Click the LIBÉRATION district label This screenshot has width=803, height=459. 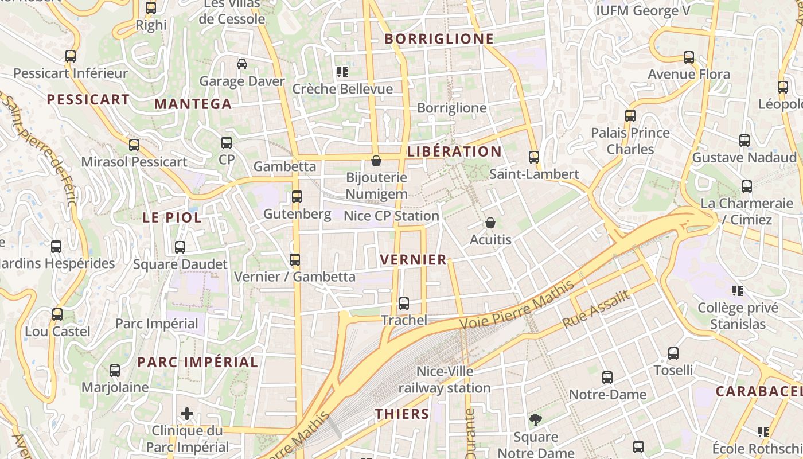pyautogui.click(x=454, y=151)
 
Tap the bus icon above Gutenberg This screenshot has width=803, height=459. pyautogui.click(x=297, y=197)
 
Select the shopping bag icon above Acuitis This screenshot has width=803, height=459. pyautogui.click(x=490, y=222)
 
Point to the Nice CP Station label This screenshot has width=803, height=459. pyautogui.click(x=391, y=216)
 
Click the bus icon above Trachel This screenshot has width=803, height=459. pyautogui.click(x=404, y=303)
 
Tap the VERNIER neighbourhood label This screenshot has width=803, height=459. pyautogui.click(x=413, y=259)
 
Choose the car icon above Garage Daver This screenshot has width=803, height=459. pyautogui.click(x=242, y=64)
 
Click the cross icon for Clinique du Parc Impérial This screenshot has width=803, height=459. pyautogui.click(x=187, y=413)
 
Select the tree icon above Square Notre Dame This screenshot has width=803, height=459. pyautogui.click(x=536, y=420)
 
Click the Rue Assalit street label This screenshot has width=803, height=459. pyautogui.click(x=597, y=310)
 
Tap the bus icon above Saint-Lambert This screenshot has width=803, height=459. pyautogui.click(x=534, y=157)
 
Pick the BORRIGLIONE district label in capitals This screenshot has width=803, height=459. pyautogui.click(x=439, y=38)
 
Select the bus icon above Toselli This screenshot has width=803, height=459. pyautogui.click(x=673, y=353)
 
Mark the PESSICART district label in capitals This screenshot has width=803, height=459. pyautogui.click(x=88, y=99)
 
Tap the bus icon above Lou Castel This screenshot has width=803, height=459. pyautogui.click(x=57, y=314)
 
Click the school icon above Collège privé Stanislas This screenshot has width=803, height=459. pyautogui.click(x=737, y=290)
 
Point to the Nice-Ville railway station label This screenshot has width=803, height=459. pyautogui.click(x=445, y=380)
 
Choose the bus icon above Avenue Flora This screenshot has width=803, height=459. pyautogui.click(x=689, y=57)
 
